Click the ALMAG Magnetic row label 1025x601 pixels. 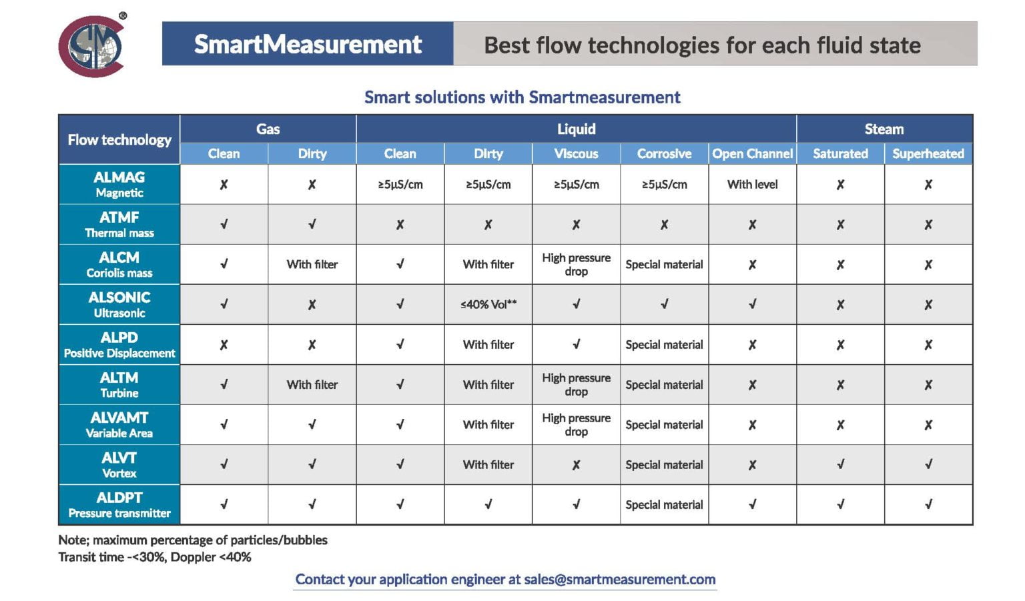pos(119,184)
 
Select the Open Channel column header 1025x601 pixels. pos(752,153)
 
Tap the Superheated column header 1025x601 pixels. pos(928,153)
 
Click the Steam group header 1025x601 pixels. pos(884,129)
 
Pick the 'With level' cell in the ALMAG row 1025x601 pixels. pos(752,184)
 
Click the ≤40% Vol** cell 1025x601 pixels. pos(488,304)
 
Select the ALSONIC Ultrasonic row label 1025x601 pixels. pos(119,304)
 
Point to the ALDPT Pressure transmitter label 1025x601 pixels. pos(119,504)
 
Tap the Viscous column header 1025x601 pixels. pos(576,153)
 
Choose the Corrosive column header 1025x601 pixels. pos(664,153)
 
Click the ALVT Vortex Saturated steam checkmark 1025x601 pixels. pos(840,464)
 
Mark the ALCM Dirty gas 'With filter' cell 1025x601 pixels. pos(312,264)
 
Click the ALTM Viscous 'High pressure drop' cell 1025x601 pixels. pos(576,384)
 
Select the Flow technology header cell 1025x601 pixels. pos(119,139)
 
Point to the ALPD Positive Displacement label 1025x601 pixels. pos(119,344)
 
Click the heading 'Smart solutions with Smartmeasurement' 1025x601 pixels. pos(522,97)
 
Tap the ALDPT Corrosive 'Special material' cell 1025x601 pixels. pos(664,504)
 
